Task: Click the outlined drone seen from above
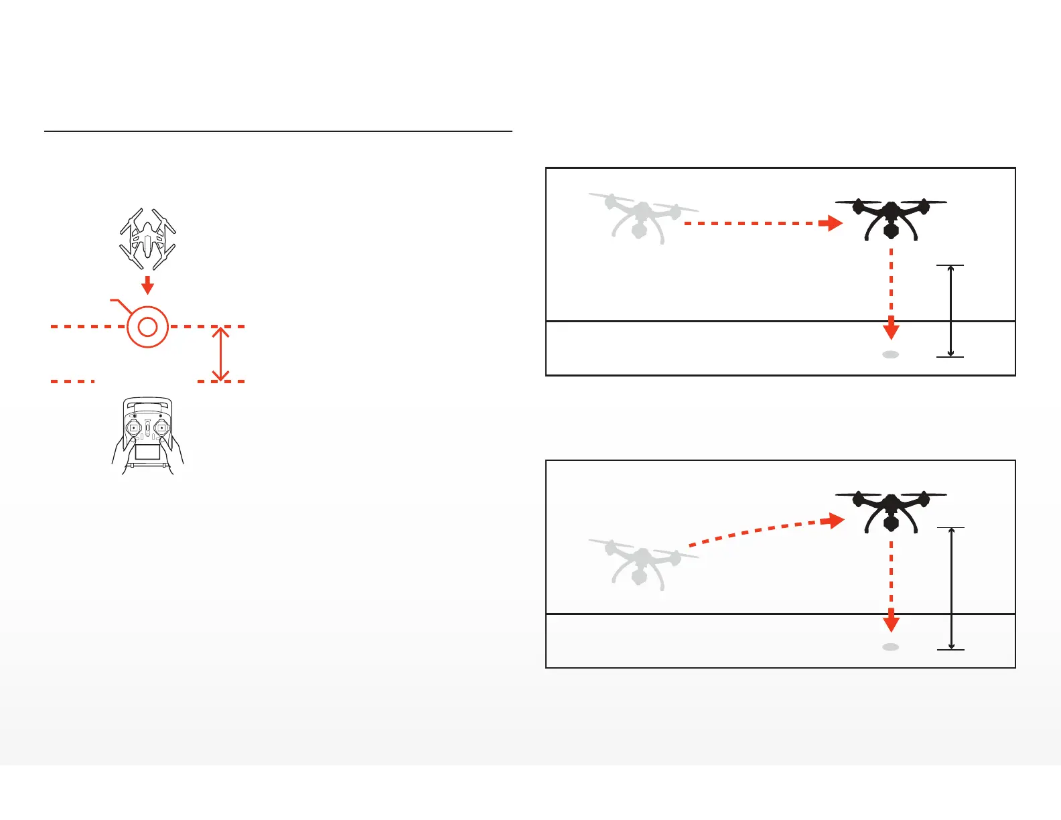click(x=147, y=238)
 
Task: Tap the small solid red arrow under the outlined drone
click(x=147, y=285)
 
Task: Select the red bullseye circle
click(x=147, y=327)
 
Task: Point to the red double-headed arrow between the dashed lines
click(x=220, y=354)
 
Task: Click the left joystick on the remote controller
click(x=134, y=427)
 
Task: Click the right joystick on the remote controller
click(x=161, y=427)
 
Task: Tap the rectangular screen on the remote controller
click(x=147, y=452)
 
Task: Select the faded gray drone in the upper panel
click(x=640, y=217)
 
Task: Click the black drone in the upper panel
click(x=890, y=218)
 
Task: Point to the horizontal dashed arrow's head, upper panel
click(x=832, y=223)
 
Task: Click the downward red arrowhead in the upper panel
click(x=891, y=330)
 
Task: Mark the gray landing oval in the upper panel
click(x=890, y=354)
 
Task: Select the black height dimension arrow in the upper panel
click(x=950, y=311)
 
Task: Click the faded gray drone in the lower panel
click(x=640, y=563)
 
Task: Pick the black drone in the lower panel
click(x=890, y=511)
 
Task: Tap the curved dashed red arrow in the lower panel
click(x=764, y=530)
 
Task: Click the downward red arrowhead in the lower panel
click(x=891, y=622)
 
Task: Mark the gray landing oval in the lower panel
click(x=890, y=647)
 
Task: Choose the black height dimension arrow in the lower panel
click(x=950, y=588)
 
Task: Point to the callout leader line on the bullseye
click(x=121, y=305)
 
